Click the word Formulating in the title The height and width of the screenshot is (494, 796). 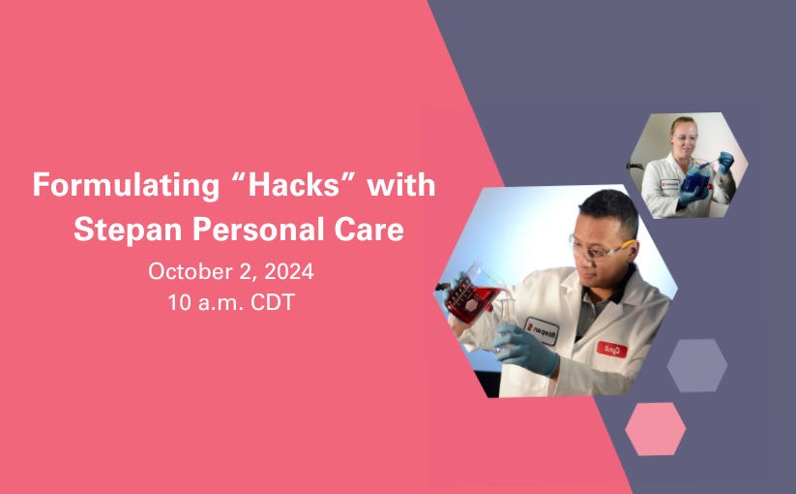click(126, 186)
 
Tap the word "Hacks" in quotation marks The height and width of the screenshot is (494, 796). click(293, 184)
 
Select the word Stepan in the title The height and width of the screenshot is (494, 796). click(128, 230)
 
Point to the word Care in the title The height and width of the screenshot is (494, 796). click(369, 230)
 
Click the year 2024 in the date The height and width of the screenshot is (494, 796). click(289, 271)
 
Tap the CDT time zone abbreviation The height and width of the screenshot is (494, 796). click(273, 302)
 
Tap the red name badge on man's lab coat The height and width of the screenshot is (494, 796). click(611, 349)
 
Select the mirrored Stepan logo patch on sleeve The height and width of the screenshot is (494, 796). click(542, 331)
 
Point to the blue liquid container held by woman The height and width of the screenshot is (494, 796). click(696, 176)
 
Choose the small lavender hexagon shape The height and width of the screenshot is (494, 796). click(697, 365)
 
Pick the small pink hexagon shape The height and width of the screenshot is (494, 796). click(656, 429)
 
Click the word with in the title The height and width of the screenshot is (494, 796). click(401, 184)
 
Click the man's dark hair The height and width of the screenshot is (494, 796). click(611, 209)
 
